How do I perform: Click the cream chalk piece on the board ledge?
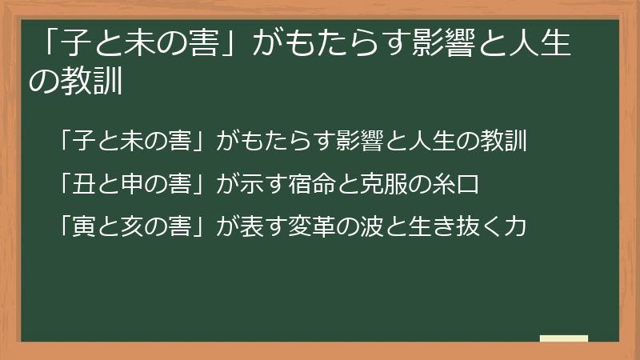click(x=563, y=339)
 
